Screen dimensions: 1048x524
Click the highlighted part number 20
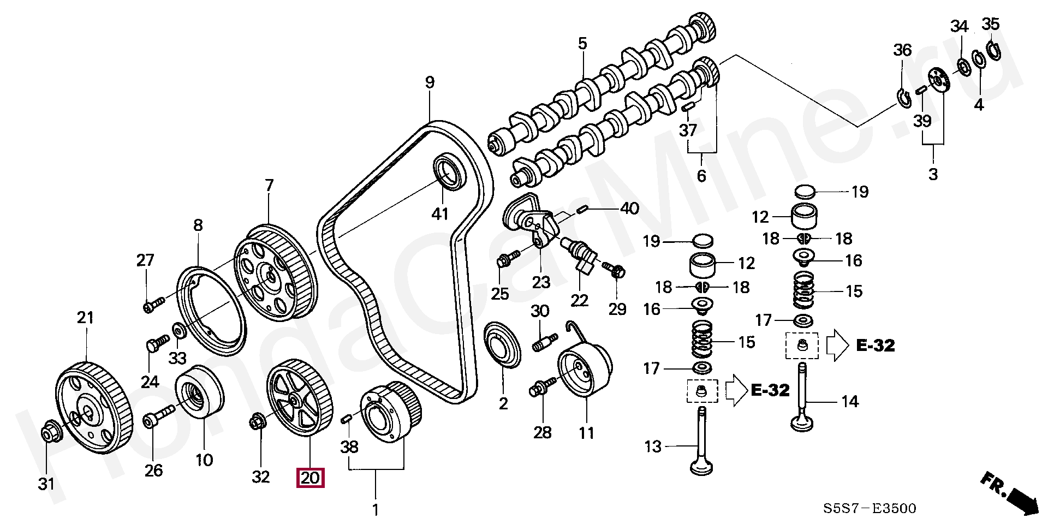click(310, 478)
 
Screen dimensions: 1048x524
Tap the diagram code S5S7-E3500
click(870, 509)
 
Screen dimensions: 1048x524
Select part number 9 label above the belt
click(430, 82)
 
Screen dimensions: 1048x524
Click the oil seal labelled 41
click(450, 172)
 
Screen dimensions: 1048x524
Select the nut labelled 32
click(257, 422)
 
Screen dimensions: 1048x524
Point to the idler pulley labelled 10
click(199, 392)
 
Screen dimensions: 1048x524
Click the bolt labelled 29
click(614, 269)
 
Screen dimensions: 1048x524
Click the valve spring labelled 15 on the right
click(803, 290)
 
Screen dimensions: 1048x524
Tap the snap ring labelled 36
click(904, 97)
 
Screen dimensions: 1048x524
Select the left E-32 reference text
click(770, 390)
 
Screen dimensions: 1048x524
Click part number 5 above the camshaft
click(582, 44)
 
